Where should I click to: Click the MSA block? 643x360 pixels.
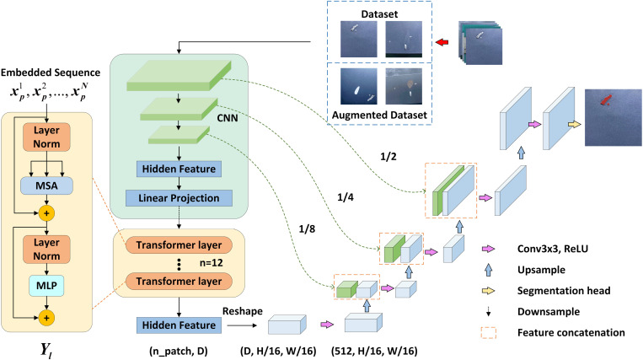(46, 185)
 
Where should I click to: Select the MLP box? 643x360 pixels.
(46, 285)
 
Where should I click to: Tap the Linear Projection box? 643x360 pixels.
(179, 198)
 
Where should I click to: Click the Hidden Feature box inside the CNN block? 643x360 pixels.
(179, 169)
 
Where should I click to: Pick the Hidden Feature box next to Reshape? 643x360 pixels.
(179, 325)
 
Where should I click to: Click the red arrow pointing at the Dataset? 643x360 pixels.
(442, 42)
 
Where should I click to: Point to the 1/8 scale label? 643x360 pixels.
(307, 228)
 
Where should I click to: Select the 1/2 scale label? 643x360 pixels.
(388, 157)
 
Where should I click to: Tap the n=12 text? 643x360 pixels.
(212, 263)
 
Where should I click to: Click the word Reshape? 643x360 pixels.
(243, 311)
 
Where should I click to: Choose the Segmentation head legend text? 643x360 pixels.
(564, 291)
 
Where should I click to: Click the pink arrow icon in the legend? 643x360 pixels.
(488, 249)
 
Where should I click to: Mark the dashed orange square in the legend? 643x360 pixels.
(489, 332)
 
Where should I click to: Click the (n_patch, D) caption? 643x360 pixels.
(179, 351)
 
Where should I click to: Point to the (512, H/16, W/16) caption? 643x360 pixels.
(374, 351)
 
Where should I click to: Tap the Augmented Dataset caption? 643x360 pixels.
(379, 116)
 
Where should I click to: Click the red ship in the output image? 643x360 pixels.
(606, 99)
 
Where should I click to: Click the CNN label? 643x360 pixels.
(228, 118)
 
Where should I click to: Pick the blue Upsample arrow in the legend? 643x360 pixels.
(488, 270)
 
